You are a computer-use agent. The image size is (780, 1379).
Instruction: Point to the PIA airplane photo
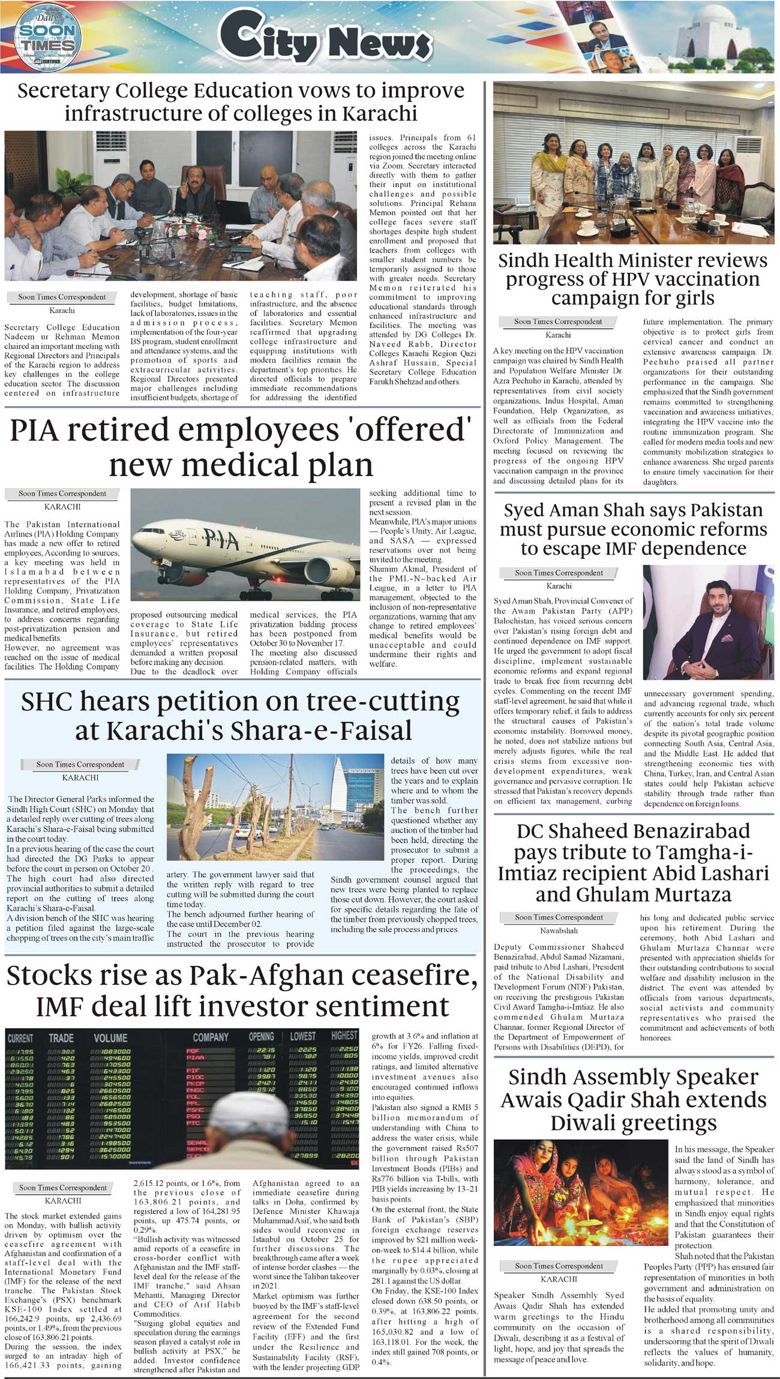pyautogui.click(x=244, y=548)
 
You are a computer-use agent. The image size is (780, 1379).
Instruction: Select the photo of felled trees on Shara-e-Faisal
pyautogui.click(x=275, y=807)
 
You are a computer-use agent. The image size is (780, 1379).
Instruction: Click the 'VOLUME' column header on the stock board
pyautogui.click(x=110, y=1038)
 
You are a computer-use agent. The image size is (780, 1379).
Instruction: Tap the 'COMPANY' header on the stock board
pyautogui.click(x=211, y=1037)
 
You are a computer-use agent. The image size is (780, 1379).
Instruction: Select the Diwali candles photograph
pyautogui.click(x=580, y=1192)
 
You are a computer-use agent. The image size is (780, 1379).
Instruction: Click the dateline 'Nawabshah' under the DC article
pyautogui.click(x=559, y=931)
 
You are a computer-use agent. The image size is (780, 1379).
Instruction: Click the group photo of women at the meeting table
pyautogui.click(x=634, y=164)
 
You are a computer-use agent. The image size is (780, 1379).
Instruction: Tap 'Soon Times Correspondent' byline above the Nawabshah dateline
pyautogui.click(x=559, y=917)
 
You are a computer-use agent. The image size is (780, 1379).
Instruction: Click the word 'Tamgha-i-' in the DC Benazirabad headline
pyautogui.click(x=703, y=852)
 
